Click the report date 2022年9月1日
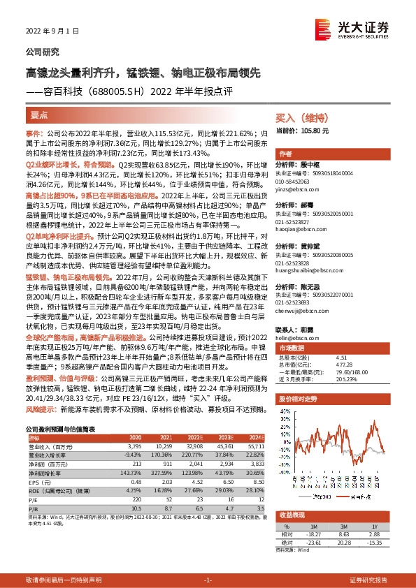[50, 31]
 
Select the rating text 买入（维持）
[301, 119]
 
